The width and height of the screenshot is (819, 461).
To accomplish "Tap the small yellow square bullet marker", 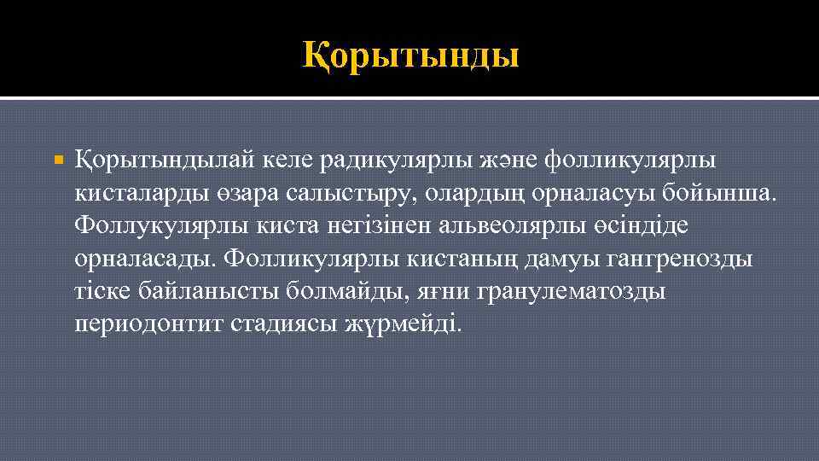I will click(58, 160).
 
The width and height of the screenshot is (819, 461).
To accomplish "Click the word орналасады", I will click(145, 259).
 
